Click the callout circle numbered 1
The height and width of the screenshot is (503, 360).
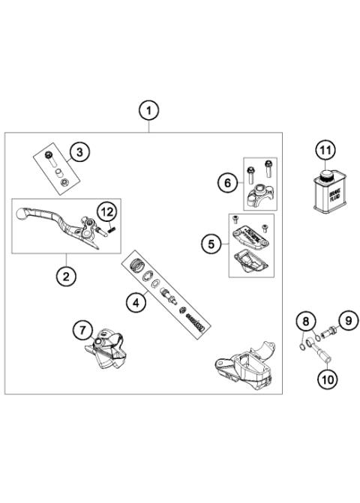pos(148,111)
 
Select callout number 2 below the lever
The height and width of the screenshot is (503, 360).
pos(66,276)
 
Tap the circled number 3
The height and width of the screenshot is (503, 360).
pos(78,152)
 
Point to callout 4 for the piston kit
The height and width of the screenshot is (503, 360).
pos(136,303)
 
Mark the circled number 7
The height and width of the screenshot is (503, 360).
pos(83,329)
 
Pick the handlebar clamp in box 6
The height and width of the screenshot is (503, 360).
pos(259,196)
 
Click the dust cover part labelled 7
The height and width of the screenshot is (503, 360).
pos(107,349)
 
